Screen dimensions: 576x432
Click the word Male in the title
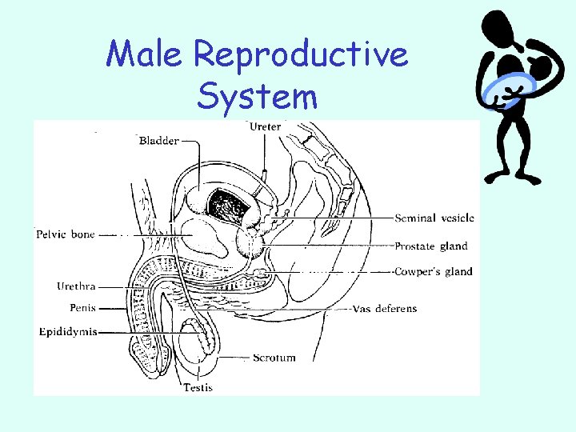click(147, 54)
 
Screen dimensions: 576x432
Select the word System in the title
click(257, 97)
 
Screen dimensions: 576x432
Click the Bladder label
click(159, 142)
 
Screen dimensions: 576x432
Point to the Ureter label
click(265, 126)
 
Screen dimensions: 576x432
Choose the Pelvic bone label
click(66, 234)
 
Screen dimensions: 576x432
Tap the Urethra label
click(77, 286)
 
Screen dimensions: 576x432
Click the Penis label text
click(82, 308)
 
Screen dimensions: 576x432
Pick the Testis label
click(198, 388)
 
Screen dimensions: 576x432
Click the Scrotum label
click(274, 358)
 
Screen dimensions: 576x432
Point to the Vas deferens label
click(385, 309)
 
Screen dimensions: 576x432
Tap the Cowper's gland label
click(434, 271)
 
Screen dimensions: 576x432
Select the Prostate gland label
click(430, 246)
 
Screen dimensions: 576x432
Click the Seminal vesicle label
click(434, 218)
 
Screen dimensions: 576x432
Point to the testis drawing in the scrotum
click(196, 341)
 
